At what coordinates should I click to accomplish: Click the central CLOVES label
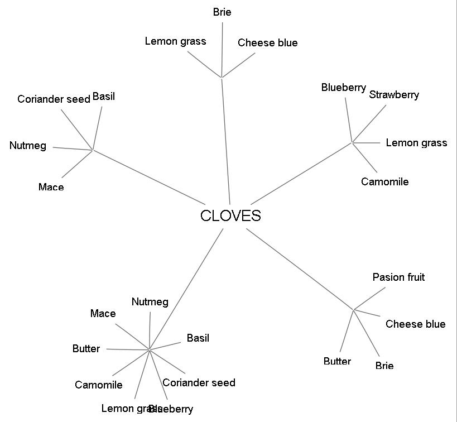230,216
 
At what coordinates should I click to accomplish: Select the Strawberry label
394,95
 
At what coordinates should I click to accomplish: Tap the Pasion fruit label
398,277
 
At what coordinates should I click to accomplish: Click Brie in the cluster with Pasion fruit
384,366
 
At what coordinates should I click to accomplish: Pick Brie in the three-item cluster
222,12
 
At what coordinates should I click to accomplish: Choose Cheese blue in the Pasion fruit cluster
415,324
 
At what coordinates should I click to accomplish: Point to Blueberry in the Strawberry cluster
344,88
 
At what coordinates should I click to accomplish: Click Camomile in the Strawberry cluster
384,182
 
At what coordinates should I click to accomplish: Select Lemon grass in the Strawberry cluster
416,143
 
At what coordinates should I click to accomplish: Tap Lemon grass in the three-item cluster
175,41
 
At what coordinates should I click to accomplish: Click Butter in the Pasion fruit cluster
337,362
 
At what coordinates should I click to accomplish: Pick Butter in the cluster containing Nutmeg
86,349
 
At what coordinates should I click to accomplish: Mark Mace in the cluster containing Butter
103,314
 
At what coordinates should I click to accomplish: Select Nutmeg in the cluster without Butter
28,146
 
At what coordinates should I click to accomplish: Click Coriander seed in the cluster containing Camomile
199,383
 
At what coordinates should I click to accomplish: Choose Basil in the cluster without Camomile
104,97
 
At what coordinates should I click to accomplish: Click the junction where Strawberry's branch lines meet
352,143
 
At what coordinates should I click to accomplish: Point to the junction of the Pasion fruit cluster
354,309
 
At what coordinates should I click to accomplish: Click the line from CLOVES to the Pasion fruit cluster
300,269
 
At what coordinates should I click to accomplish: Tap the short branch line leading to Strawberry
369,124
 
